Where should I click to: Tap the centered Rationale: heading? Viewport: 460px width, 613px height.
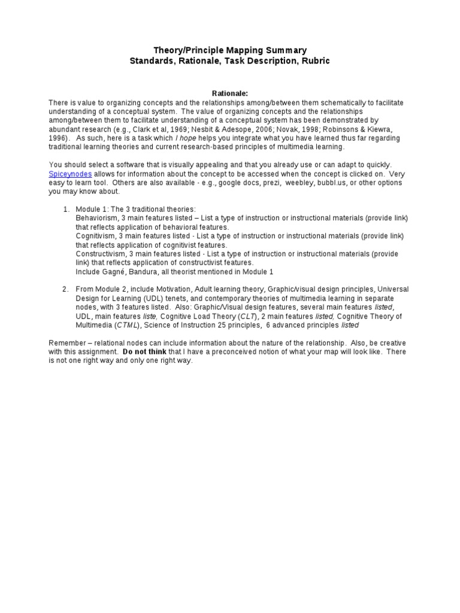(230, 93)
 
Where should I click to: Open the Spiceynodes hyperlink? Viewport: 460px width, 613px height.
(70, 174)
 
